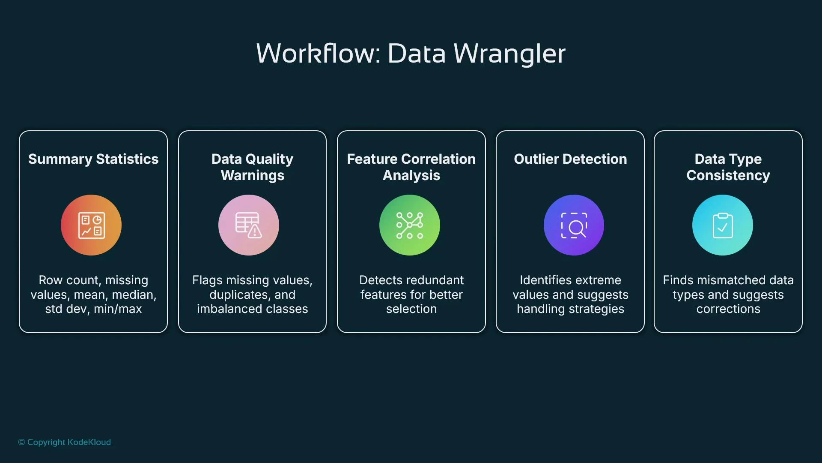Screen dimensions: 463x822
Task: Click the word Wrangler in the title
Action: click(509, 54)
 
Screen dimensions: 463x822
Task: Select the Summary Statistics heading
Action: click(93, 159)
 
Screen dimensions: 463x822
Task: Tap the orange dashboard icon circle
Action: click(91, 225)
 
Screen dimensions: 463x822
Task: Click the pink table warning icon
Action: click(249, 225)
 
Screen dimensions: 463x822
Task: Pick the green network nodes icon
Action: click(410, 225)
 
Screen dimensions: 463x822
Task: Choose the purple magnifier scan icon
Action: click(574, 225)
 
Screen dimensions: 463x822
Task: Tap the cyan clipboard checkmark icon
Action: click(723, 225)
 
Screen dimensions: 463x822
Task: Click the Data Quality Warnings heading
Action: click(252, 167)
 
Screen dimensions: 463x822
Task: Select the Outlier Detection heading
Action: click(570, 159)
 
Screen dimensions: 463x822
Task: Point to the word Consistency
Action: click(728, 175)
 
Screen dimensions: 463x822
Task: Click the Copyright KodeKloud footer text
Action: click(65, 442)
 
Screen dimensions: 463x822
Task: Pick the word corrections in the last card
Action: click(728, 309)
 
